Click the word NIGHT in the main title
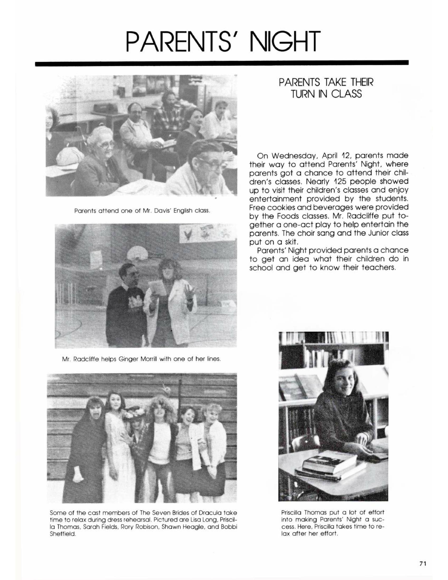click(284, 42)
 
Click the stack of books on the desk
click(329, 465)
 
